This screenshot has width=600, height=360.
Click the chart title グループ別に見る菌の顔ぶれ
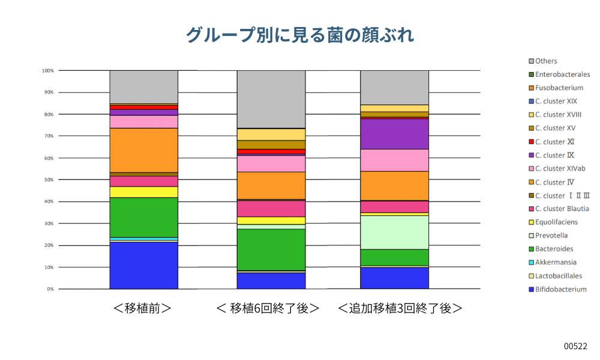[299, 34]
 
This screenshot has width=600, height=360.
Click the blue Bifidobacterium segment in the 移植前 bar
[143, 265]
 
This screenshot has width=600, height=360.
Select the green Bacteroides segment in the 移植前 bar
[143, 217]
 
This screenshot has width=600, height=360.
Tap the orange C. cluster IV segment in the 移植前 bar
[143, 150]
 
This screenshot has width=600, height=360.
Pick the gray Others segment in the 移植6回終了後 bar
[271, 99]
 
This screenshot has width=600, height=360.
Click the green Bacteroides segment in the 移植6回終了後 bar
[271, 250]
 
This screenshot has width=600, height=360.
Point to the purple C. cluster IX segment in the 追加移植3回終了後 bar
[394, 134]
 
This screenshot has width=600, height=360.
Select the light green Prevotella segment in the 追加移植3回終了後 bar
[394, 232]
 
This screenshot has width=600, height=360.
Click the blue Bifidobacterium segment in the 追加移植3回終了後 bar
[394, 278]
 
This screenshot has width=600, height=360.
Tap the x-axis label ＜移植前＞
[142, 308]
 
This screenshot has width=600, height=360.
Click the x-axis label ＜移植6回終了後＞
[268, 308]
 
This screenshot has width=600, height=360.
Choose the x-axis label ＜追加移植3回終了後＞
[400, 308]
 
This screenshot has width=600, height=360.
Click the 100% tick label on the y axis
[47, 71]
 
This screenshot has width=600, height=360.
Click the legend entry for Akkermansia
[556, 262]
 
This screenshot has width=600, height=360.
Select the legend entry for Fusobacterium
[559, 88]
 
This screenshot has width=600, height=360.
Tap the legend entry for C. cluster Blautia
[562, 209]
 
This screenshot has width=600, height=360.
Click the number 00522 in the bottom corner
[575, 346]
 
